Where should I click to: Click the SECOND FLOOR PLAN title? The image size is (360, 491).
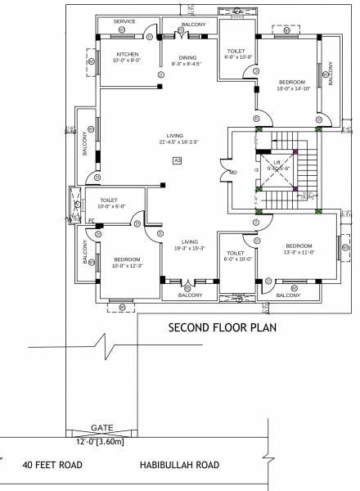tap(222, 328)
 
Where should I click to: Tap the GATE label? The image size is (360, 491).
tap(101, 427)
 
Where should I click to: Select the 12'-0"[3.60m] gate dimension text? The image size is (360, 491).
tap(101, 442)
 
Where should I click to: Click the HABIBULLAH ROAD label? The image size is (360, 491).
tap(180, 465)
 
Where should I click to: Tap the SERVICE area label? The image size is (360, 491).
tap(124, 21)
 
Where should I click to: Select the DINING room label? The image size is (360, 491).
tap(188, 61)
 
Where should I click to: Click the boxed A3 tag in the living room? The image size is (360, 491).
tap(177, 160)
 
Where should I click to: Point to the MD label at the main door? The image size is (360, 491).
tap(232, 172)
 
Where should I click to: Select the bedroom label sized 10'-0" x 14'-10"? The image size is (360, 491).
tap(292, 85)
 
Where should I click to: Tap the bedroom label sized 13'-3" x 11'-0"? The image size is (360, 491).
tap(299, 249)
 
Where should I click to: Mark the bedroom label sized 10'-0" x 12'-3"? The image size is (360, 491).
tap(127, 263)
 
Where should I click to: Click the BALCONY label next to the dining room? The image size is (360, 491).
tap(194, 25)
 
